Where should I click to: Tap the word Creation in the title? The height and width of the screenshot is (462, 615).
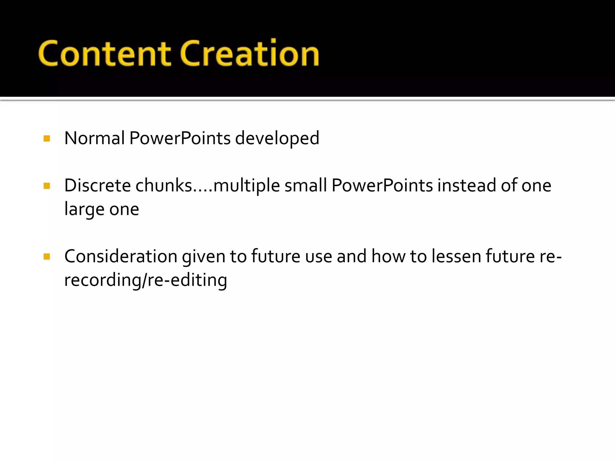(250, 54)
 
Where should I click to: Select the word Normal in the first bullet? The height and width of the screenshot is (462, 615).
(95, 138)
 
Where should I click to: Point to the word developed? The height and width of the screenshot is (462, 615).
(277, 139)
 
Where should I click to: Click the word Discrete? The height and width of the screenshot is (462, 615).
(98, 185)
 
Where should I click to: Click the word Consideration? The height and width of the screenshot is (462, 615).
(121, 256)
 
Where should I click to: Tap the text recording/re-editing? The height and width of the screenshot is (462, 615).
(146, 280)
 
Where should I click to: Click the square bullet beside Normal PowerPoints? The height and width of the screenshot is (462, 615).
(47, 139)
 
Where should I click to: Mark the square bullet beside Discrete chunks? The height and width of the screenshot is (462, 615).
(47, 186)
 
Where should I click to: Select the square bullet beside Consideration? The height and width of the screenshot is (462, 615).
(47, 257)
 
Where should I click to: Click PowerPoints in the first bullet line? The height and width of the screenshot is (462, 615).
(180, 138)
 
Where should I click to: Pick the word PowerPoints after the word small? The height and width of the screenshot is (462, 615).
(382, 185)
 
